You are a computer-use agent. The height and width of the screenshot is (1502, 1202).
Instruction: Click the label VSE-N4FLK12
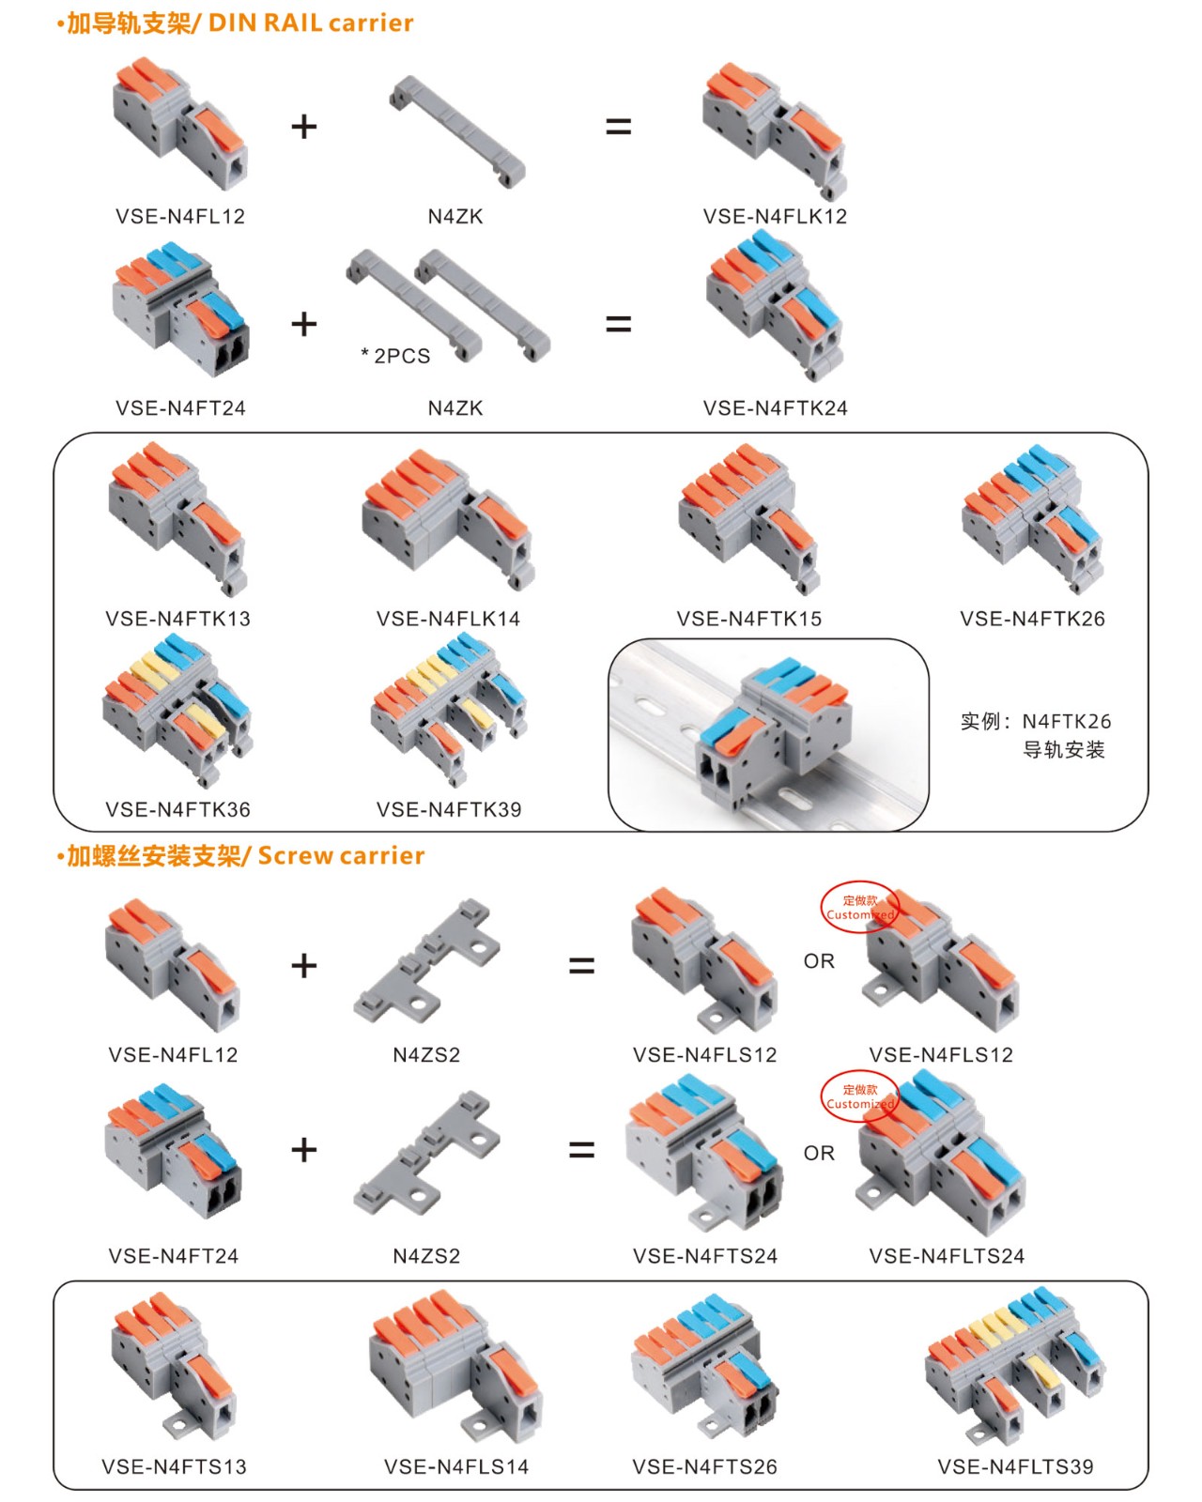click(775, 216)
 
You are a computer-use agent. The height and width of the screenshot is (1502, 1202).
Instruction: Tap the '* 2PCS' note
click(395, 356)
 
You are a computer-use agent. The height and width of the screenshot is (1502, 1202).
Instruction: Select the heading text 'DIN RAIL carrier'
click(311, 23)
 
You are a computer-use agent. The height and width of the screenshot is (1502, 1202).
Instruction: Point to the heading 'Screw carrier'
click(341, 855)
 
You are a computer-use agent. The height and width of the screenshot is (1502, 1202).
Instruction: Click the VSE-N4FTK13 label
click(177, 619)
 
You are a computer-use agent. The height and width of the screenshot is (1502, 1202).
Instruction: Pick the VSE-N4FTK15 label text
click(748, 619)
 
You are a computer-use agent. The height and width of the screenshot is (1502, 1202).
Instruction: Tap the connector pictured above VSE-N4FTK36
click(177, 709)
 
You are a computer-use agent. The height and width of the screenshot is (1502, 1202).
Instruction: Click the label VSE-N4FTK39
click(449, 809)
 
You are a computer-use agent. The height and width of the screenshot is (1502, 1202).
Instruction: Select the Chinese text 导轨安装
click(1063, 749)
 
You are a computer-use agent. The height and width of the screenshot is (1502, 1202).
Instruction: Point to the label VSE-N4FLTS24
click(947, 1256)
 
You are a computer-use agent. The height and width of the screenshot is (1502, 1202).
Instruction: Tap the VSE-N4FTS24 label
click(705, 1256)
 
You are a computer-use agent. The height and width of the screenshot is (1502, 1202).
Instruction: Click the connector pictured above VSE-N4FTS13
click(174, 1366)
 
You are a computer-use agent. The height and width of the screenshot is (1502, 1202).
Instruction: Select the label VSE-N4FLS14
click(456, 1466)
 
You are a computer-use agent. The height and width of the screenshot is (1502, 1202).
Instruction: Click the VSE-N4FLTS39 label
click(1015, 1466)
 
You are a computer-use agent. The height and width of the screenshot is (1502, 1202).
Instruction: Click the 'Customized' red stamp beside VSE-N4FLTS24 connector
click(859, 1096)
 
